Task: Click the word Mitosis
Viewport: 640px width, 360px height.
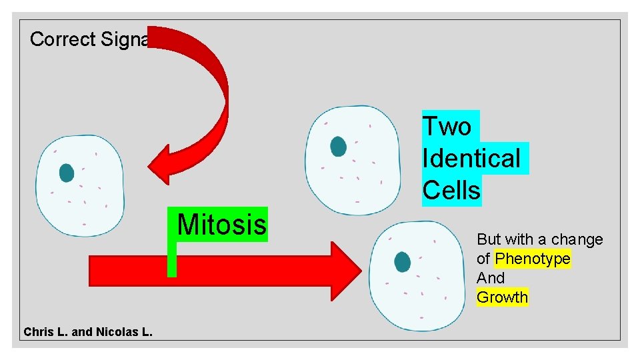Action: (x=221, y=225)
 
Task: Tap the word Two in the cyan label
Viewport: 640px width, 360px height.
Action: (x=447, y=126)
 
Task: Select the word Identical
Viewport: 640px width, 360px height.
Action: (x=471, y=159)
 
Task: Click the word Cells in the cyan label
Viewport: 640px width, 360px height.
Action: (x=451, y=191)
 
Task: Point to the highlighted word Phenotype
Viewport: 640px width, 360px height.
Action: (x=533, y=259)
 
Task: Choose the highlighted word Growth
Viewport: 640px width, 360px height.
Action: (x=502, y=297)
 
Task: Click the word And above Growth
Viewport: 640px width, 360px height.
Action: (x=491, y=278)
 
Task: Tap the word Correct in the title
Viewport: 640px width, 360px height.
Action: (x=63, y=39)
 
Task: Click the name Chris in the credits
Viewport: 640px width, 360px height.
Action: (x=37, y=331)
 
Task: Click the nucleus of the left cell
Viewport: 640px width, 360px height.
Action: (x=66, y=173)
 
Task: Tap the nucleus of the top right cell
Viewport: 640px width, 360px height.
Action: (x=338, y=146)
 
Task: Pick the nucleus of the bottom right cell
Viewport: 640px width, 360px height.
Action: (x=402, y=262)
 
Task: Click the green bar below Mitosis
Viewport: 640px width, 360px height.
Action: (x=172, y=260)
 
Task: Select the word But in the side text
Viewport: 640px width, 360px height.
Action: (x=489, y=239)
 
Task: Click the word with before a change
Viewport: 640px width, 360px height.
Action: (x=519, y=239)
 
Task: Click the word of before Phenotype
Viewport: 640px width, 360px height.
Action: (x=483, y=259)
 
